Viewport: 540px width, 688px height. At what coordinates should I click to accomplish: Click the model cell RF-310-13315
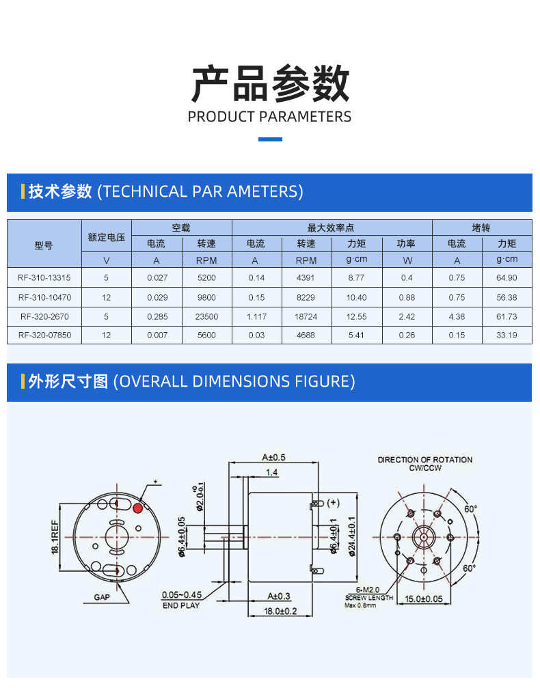[44, 278]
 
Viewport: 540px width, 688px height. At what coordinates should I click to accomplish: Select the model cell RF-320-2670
[44, 316]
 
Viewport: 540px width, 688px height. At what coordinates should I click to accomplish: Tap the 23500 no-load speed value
[206, 316]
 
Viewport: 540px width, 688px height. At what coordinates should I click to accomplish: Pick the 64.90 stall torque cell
[507, 278]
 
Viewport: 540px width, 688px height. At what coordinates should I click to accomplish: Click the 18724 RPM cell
[306, 316]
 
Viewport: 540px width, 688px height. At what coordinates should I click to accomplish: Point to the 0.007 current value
[157, 335]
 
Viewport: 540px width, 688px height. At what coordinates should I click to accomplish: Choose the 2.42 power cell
[407, 316]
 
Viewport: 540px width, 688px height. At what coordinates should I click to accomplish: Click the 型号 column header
[44, 245]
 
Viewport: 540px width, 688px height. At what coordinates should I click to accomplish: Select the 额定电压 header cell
[106, 237]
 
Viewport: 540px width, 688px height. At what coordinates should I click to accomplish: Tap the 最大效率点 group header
[331, 228]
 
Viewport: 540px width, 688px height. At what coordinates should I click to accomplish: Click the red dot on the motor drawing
[138, 508]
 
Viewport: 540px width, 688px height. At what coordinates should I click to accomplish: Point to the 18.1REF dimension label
[55, 536]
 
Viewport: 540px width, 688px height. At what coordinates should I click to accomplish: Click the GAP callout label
[102, 597]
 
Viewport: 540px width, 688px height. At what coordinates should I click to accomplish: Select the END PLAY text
[181, 605]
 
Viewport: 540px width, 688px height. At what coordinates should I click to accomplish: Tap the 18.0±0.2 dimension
[280, 611]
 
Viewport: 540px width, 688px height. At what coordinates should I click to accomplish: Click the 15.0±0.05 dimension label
[424, 599]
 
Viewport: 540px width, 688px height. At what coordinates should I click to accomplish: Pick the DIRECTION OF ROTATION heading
[425, 460]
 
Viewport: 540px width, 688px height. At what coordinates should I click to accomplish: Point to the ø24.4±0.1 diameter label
[352, 536]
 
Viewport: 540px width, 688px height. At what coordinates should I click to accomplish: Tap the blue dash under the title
[270, 139]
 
